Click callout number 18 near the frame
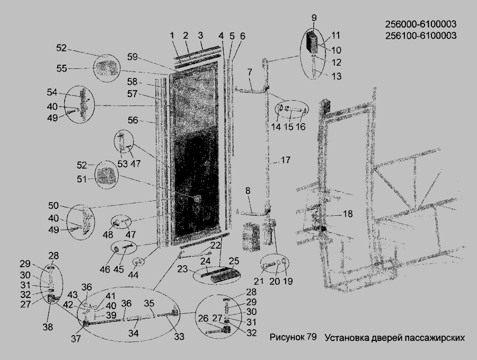click(347, 214)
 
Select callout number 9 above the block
click(314, 18)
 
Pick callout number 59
click(132, 56)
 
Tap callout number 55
click(62, 68)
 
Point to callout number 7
click(249, 71)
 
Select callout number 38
click(48, 327)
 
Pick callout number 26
click(203, 319)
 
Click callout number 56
click(133, 120)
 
